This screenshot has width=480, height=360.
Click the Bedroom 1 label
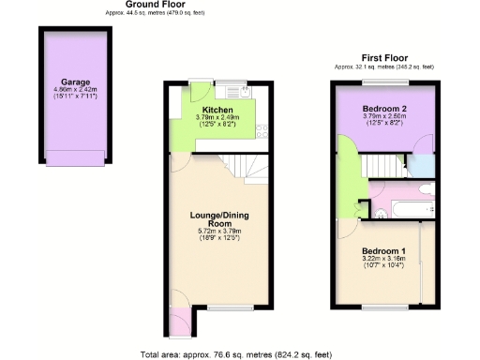(382, 251)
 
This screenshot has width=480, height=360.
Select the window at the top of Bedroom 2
(382, 82)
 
